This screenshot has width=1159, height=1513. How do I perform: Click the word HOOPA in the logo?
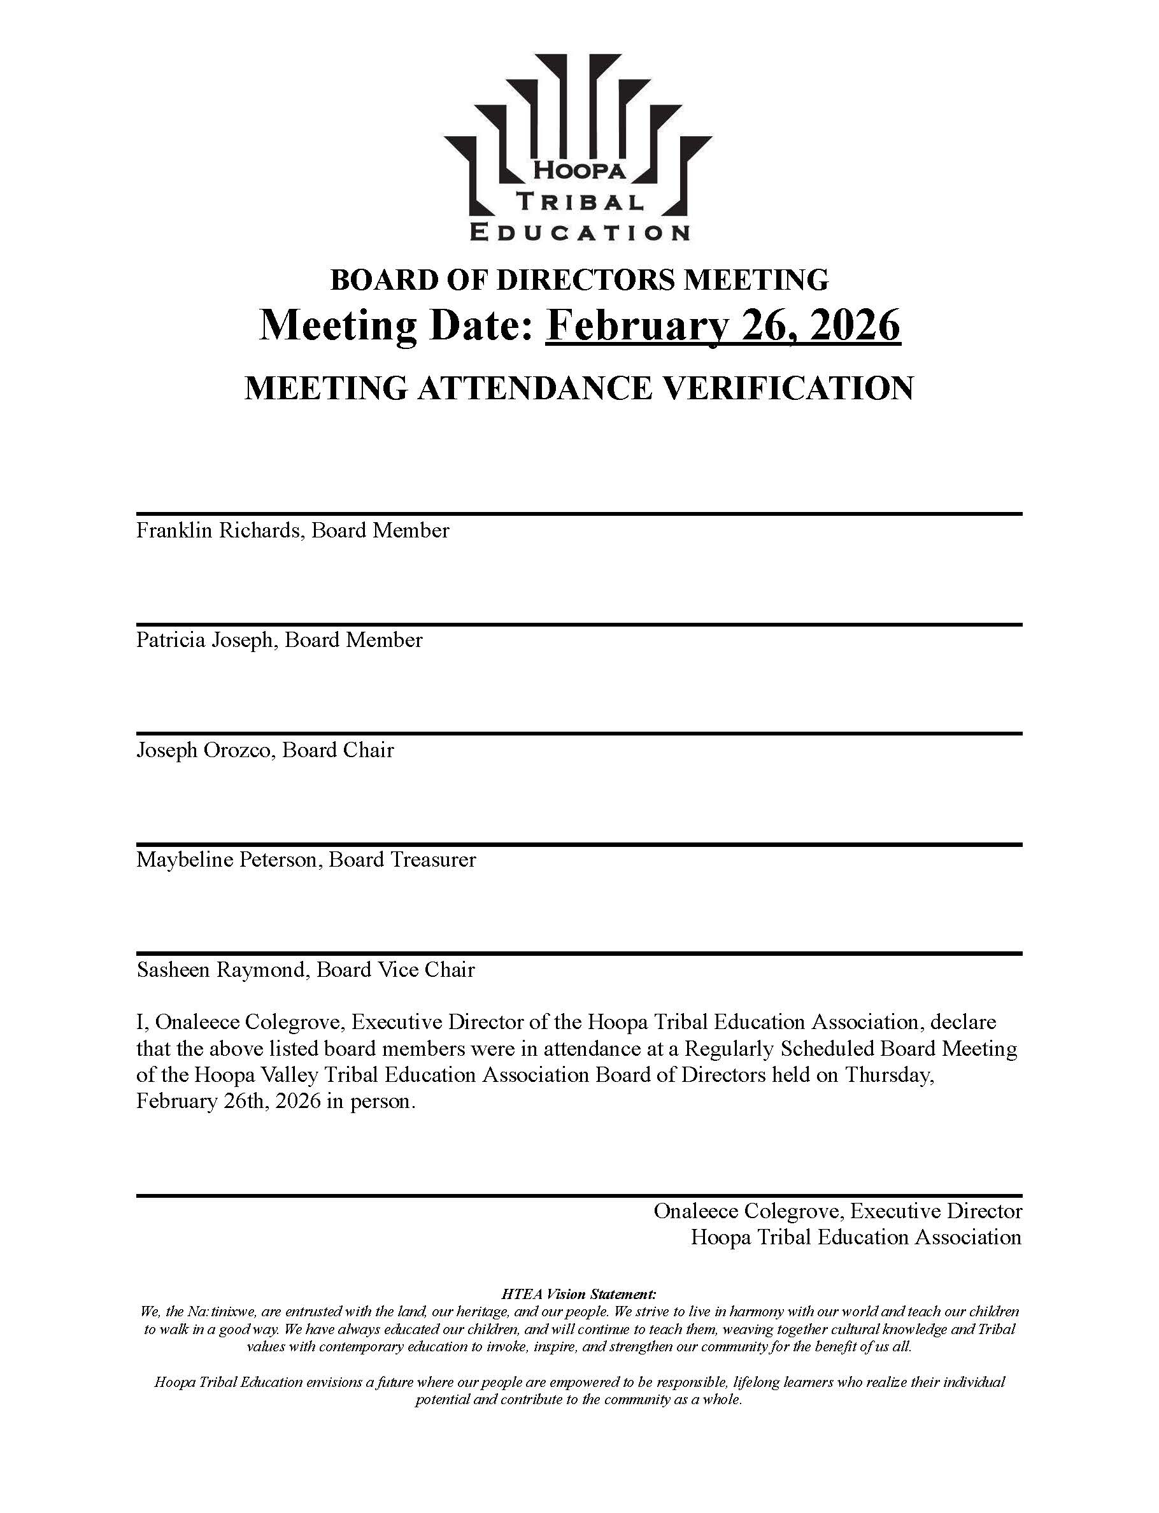pos(579,171)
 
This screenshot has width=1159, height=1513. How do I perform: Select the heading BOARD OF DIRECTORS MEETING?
pos(579,280)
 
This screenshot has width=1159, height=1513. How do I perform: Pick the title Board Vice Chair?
pos(396,970)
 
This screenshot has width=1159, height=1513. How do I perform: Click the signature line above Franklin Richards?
pos(579,514)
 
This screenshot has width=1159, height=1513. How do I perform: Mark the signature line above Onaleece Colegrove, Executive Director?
pos(579,1196)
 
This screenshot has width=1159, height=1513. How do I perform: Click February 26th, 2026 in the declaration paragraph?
pos(229,1101)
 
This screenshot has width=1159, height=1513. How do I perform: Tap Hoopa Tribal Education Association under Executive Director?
pos(856,1237)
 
